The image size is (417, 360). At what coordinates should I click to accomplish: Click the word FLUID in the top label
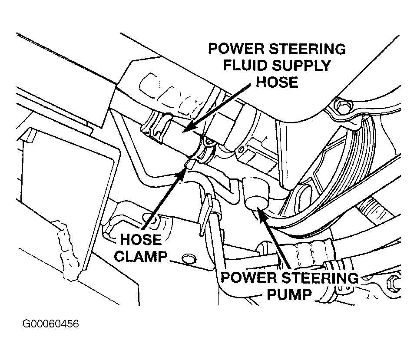[245, 66]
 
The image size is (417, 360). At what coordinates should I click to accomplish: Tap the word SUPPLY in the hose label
[300, 66]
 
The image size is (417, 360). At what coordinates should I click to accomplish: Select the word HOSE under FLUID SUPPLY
[277, 82]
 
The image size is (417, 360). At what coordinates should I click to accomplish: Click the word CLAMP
[140, 257]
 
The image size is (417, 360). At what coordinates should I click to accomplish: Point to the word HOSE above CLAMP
[141, 240]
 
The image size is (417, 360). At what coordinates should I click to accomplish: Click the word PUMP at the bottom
[289, 294]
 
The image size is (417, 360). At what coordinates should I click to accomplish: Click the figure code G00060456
[50, 324]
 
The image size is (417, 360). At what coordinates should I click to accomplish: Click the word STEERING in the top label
[307, 49]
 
